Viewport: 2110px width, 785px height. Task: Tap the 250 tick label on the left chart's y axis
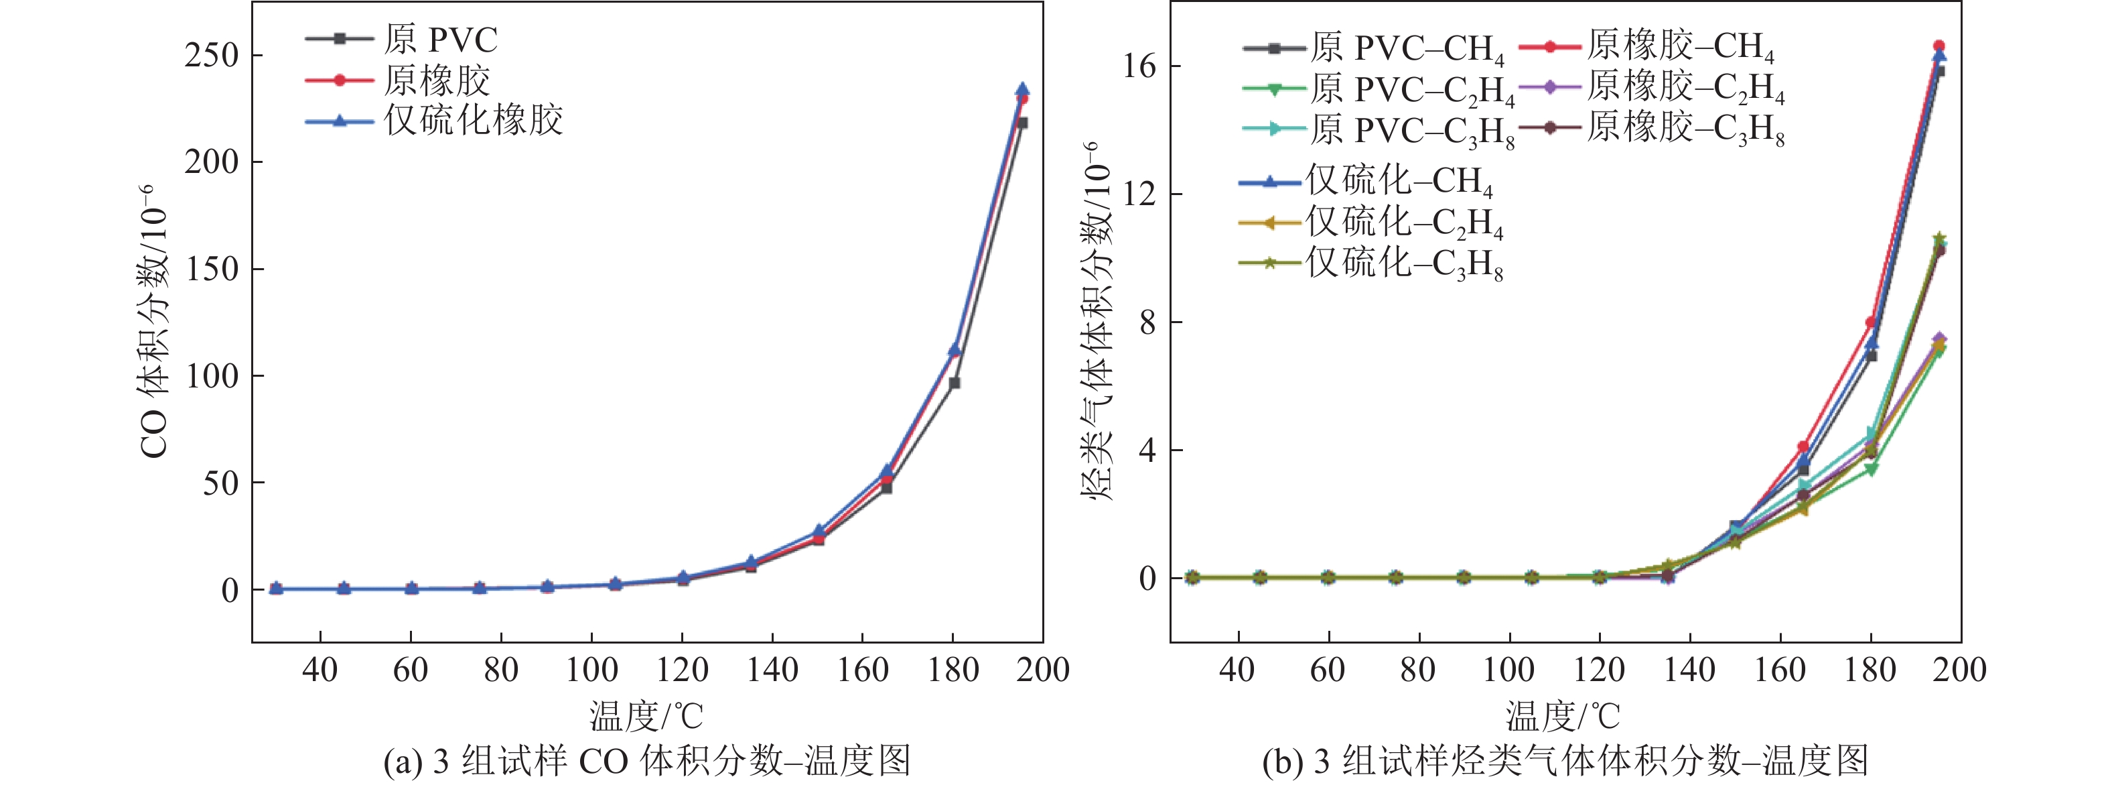(x=211, y=56)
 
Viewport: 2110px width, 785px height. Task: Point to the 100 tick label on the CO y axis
(x=211, y=376)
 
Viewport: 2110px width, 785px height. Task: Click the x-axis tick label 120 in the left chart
(x=681, y=670)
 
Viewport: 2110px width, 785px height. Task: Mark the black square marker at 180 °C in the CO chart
(x=955, y=383)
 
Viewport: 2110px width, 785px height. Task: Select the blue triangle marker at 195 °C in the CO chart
(x=1022, y=89)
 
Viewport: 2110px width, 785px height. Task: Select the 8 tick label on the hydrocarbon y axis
(x=1147, y=322)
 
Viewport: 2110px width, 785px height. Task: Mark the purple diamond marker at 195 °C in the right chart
(x=1939, y=339)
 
